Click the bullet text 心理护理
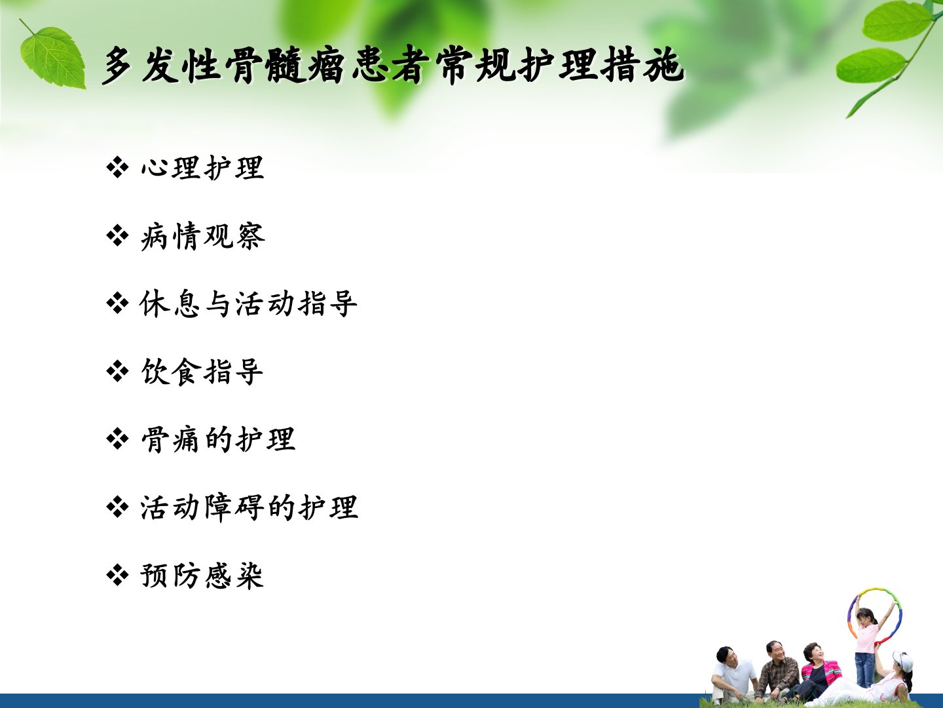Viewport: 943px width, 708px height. (202, 167)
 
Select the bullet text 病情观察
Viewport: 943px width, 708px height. (203, 236)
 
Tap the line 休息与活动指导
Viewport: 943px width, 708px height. (249, 304)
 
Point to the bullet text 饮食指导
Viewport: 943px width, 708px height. (202, 372)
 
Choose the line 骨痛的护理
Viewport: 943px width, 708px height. (218, 439)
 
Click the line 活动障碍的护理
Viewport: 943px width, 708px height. (250, 507)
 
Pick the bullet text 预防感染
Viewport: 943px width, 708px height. (202, 576)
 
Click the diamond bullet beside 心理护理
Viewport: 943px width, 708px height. (117, 167)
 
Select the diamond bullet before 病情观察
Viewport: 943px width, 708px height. (117, 236)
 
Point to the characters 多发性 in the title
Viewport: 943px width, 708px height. (161, 65)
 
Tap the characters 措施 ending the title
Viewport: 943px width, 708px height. (642, 65)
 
